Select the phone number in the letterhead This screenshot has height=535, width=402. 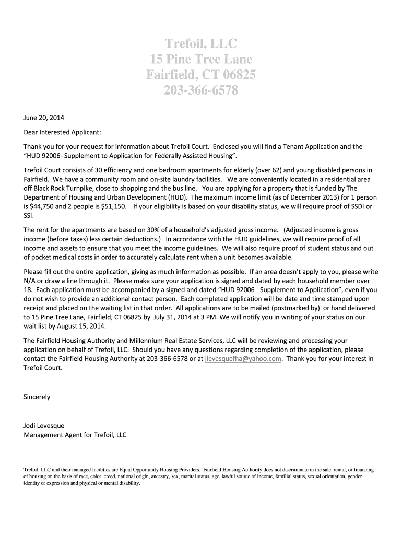click(x=200, y=90)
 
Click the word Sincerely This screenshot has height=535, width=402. click(x=37, y=397)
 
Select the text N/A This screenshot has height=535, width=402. click(x=31, y=280)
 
